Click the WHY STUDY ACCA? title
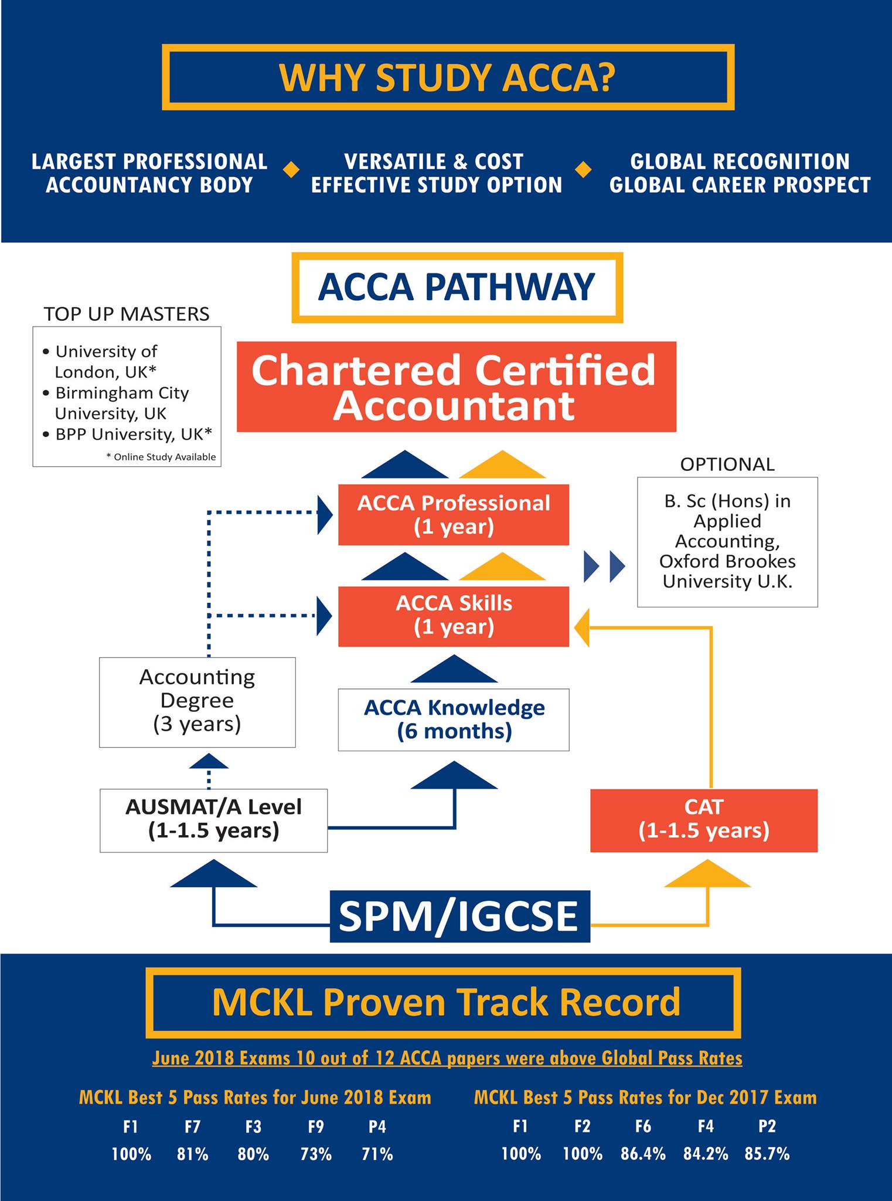pyautogui.click(x=447, y=77)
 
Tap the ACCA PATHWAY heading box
pyautogui.click(x=457, y=287)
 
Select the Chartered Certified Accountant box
pyautogui.click(x=457, y=387)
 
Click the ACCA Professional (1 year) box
pyautogui.click(x=454, y=515)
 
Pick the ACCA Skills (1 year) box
pyautogui.click(x=454, y=616)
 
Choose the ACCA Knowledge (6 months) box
pyautogui.click(x=454, y=720)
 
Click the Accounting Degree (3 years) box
pyautogui.click(x=197, y=702)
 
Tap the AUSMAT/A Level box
pyautogui.click(x=213, y=820)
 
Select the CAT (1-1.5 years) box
pyautogui.click(x=704, y=820)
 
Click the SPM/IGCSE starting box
pyautogui.click(x=460, y=916)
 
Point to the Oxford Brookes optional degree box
pyautogui.click(x=727, y=542)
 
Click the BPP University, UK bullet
pyautogui.click(x=128, y=434)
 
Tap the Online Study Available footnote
pyautogui.click(x=161, y=457)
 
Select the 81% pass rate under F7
pyautogui.click(x=193, y=1154)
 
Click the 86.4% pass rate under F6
pyautogui.click(x=643, y=1154)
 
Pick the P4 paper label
pyautogui.click(x=377, y=1126)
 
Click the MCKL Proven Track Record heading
pyautogui.click(x=446, y=1002)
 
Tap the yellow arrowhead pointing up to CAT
pyautogui.click(x=707, y=873)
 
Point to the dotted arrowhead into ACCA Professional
pyautogui.click(x=325, y=515)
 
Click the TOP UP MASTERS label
pyautogui.click(x=127, y=314)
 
